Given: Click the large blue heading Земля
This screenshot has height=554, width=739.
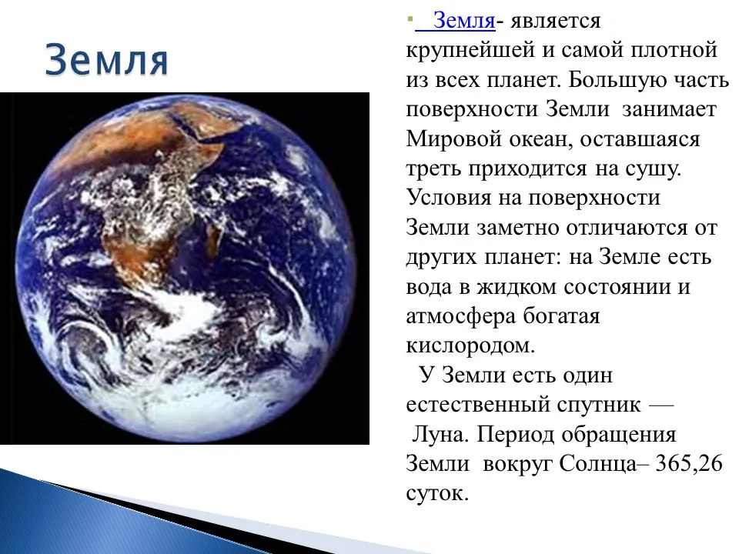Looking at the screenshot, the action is coord(106,60).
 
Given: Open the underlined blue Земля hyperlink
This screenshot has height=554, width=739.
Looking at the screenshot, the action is coord(456,21).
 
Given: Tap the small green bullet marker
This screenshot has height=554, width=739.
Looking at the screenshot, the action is coord(410,21).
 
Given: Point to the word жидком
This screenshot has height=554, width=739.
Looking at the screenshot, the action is coord(516,287).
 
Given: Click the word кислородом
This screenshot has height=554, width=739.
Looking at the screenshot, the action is coord(471,345).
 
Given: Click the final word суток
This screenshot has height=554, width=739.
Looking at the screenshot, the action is coord(437,494).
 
